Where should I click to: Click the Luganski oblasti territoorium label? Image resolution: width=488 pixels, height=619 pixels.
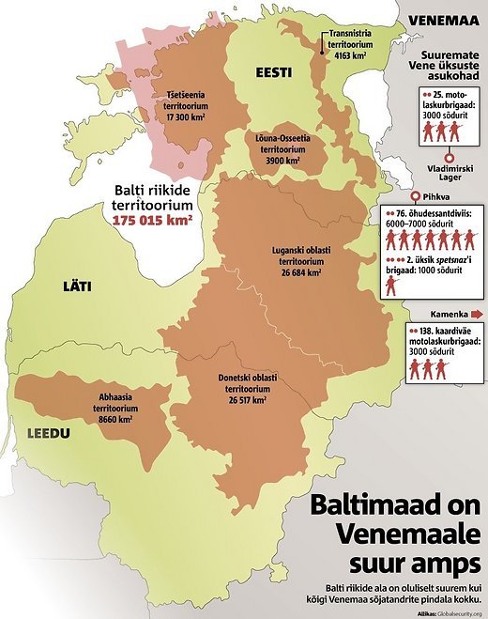[295, 260]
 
